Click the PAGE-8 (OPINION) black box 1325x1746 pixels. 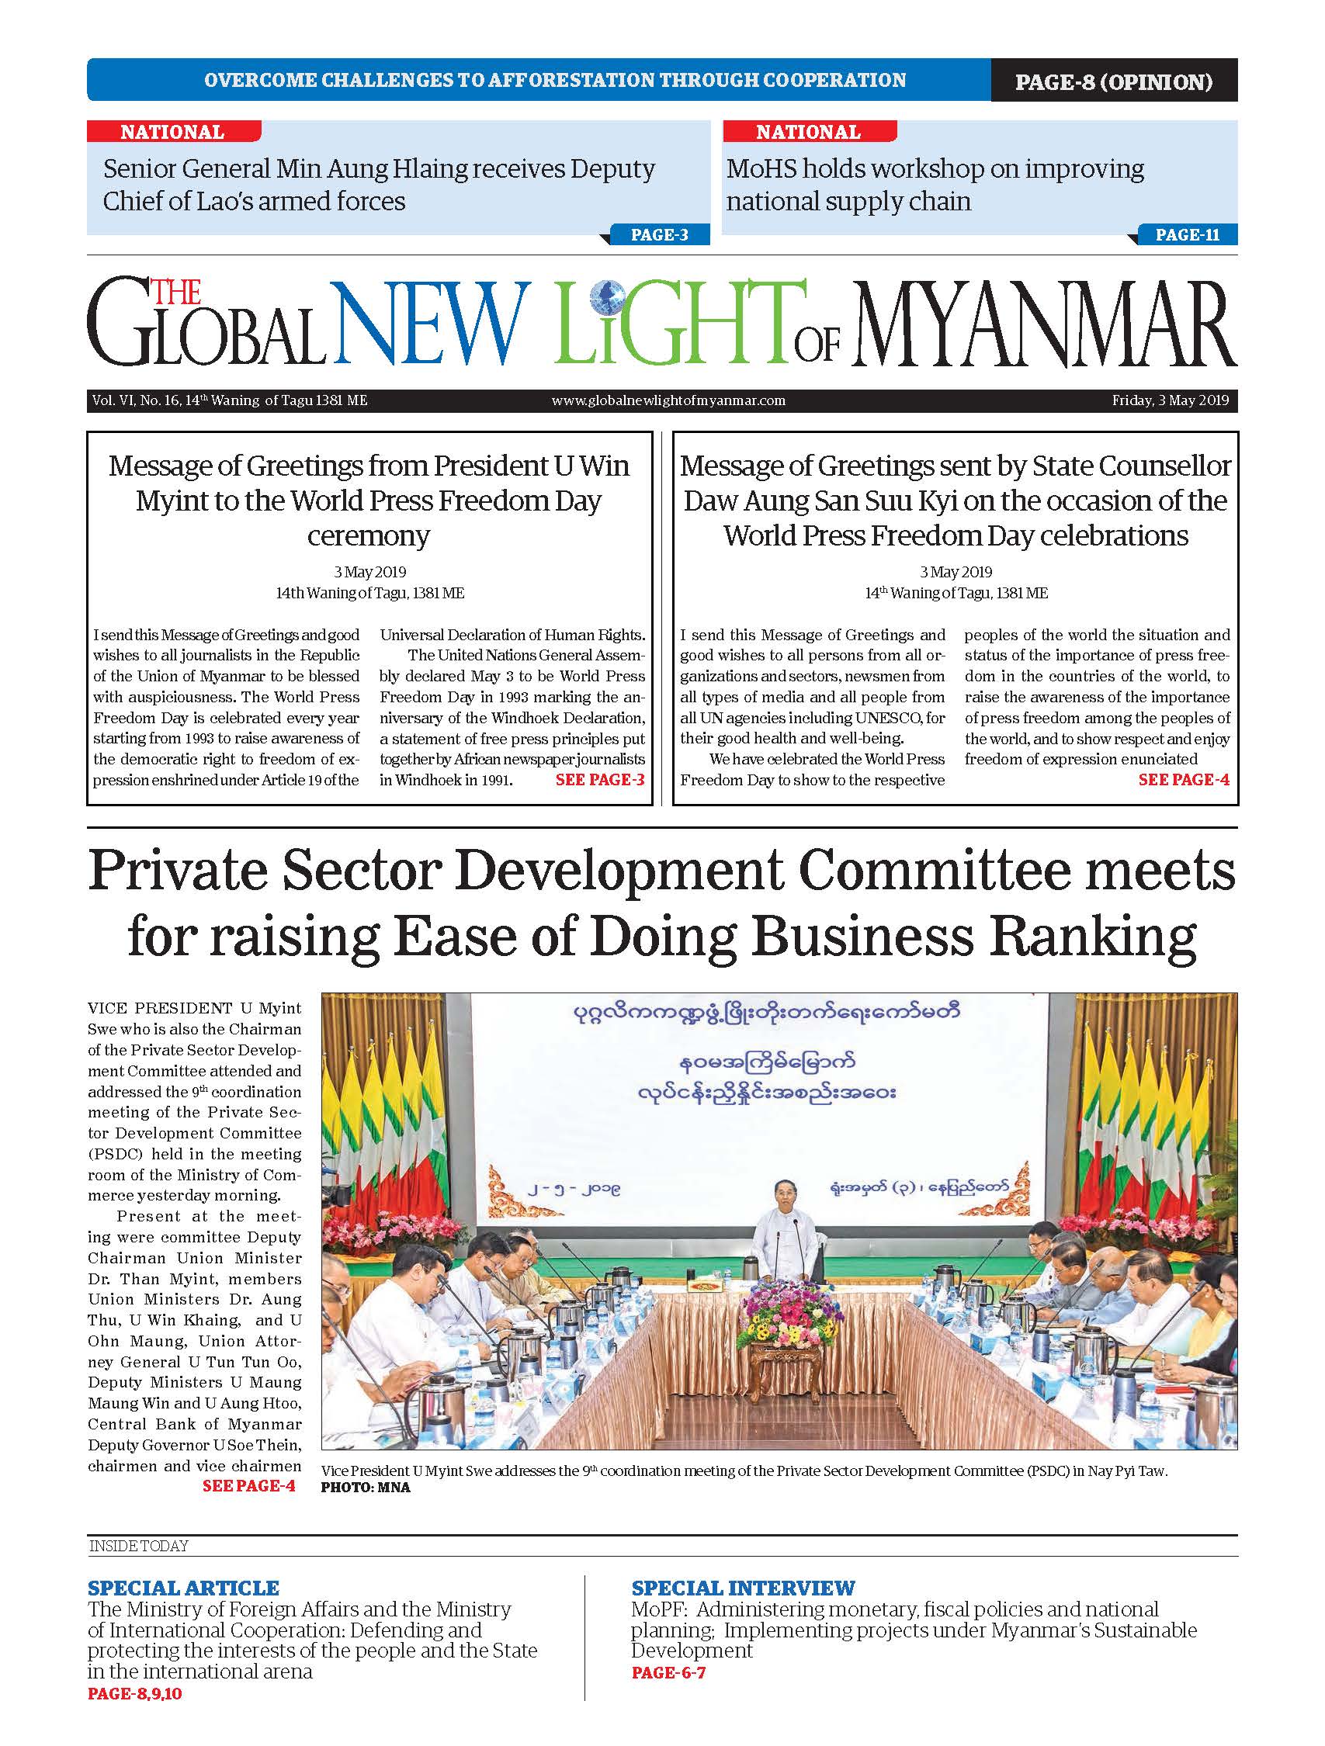tap(1113, 81)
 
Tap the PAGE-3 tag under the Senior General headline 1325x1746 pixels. tap(659, 234)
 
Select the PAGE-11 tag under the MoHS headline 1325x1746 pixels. tap(1187, 234)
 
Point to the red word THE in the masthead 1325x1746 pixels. tap(175, 293)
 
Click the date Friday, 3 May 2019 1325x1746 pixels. tap(1171, 400)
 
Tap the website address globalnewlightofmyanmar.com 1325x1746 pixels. tap(668, 400)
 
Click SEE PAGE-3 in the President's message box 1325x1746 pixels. tap(600, 780)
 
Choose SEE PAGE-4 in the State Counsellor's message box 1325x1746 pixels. tap(1183, 780)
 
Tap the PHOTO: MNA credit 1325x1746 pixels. tap(366, 1488)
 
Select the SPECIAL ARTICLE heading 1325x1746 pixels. tap(183, 1588)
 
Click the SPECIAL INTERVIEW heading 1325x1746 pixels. tap(743, 1588)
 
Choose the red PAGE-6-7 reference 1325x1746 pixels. tap(668, 1672)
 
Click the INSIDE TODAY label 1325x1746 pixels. tap(138, 1547)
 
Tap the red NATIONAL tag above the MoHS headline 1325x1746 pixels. tap(808, 132)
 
